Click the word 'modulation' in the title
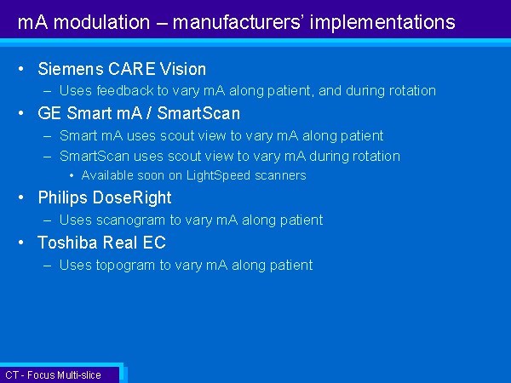[x=101, y=22]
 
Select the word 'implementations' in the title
[x=382, y=23]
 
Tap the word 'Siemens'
[x=71, y=69]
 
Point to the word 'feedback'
[x=125, y=90]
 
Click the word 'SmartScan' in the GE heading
[x=198, y=114]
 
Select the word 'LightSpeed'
[x=219, y=176]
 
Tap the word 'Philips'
[x=63, y=198]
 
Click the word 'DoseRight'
[x=132, y=198]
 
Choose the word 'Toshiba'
[x=67, y=243]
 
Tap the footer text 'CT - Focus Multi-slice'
[x=53, y=375]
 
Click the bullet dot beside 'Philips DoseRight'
[x=21, y=197]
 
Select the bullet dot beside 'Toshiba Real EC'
[x=21, y=243]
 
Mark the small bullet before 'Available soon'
[x=72, y=176]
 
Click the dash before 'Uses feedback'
[x=47, y=91]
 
